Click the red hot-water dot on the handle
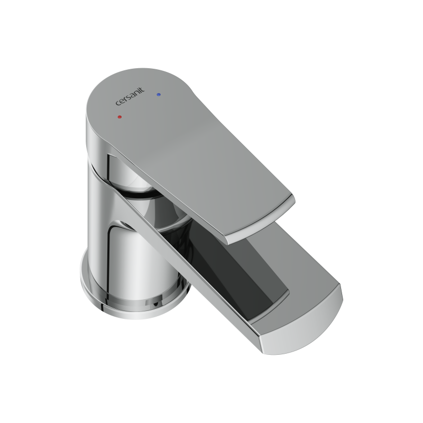(120, 117)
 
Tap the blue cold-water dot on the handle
(159, 95)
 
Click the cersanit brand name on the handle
(130, 96)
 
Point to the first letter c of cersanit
(118, 103)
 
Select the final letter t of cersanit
(143, 89)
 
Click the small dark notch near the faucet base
(155, 305)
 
